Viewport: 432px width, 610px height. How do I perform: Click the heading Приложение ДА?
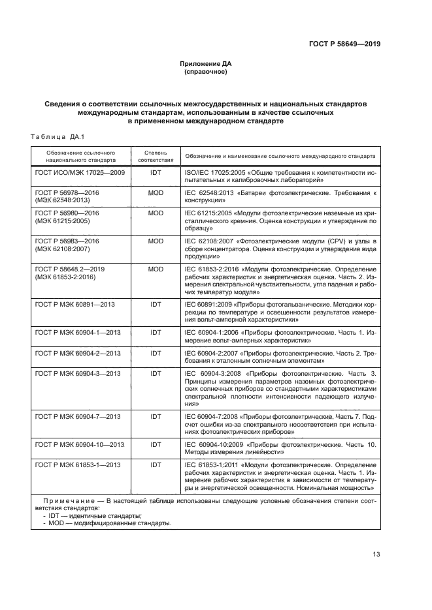point(206,64)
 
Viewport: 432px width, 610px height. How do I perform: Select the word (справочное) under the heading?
point(206,72)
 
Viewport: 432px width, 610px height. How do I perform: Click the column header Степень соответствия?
point(156,155)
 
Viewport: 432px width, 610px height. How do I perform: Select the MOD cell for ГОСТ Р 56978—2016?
point(156,193)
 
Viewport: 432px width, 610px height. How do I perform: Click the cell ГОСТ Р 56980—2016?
point(67,213)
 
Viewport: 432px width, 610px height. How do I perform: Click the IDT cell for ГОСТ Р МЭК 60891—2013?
point(156,304)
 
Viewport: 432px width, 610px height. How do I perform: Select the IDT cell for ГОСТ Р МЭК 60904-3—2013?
point(156,373)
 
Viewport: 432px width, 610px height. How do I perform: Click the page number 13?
point(376,555)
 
